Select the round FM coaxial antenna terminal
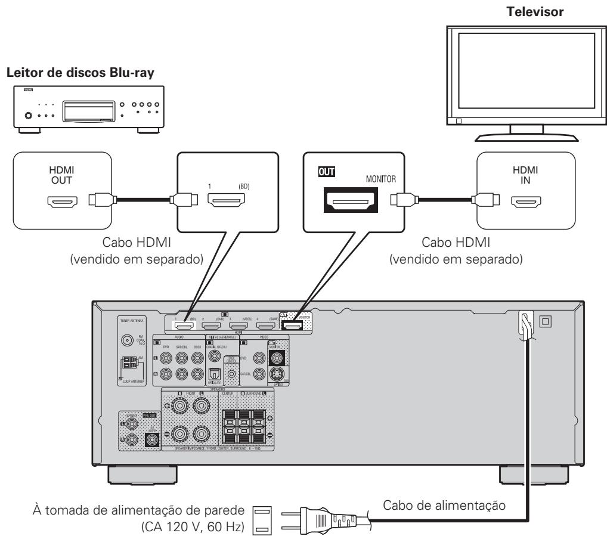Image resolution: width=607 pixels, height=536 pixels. point(127,342)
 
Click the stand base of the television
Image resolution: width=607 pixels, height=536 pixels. point(525,135)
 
